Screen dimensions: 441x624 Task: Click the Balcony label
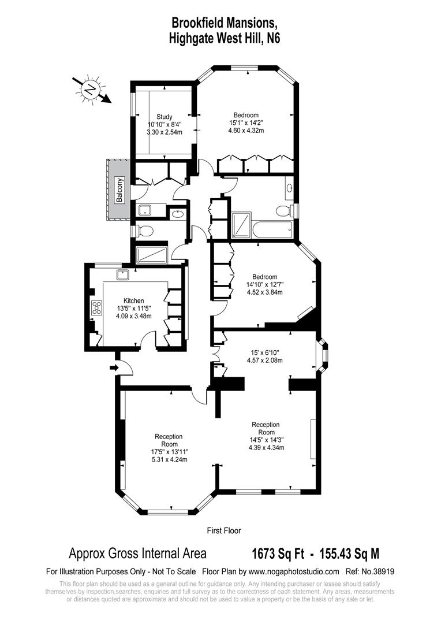[x=119, y=190]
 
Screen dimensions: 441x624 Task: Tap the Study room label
[x=165, y=117]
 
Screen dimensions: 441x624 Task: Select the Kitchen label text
[x=133, y=301]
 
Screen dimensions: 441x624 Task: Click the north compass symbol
[x=91, y=90]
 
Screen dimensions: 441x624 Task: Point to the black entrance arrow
[x=114, y=367]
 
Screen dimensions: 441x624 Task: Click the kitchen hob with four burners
[x=96, y=308]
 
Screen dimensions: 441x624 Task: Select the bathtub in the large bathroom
[x=272, y=228]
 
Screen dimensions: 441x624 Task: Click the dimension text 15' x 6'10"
[x=265, y=352]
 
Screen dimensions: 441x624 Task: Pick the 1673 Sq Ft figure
[x=278, y=554]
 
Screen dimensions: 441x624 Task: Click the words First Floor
[x=224, y=530]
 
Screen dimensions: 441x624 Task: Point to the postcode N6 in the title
[x=274, y=38]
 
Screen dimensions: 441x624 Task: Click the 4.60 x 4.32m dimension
[x=246, y=130]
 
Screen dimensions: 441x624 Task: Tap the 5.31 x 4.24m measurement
[x=169, y=459]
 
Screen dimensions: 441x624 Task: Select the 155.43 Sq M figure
[x=347, y=554]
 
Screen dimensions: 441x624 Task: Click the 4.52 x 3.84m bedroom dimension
[x=264, y=292]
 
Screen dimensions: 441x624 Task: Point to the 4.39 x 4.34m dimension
[x=266, y=447]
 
